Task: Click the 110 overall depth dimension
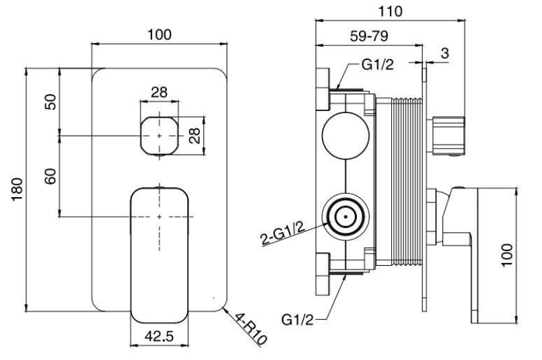[390, 11]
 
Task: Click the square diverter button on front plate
[160, 134]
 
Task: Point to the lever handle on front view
[160, 249]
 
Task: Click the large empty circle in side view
[345, 135]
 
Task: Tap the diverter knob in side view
[449, 135]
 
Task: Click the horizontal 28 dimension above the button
[160, 92]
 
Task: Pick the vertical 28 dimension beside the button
[195, 135]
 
